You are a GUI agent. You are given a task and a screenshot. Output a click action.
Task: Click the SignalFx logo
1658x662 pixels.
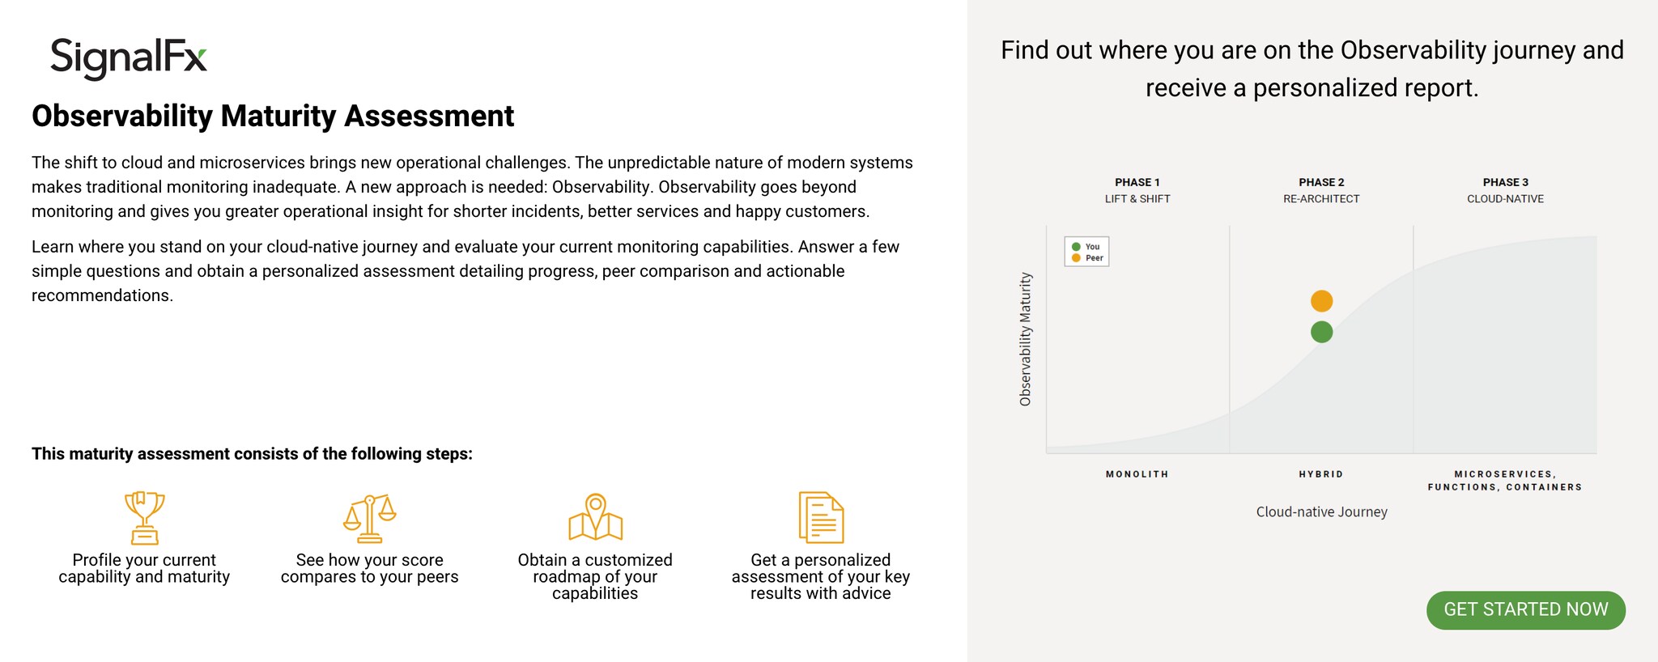[129, 58]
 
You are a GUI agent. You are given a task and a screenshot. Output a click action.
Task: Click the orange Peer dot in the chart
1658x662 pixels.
[1321, 301]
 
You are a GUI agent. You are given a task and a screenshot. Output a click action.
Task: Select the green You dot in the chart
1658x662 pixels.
[1321, 332]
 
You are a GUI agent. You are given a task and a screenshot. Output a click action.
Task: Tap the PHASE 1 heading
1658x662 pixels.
[1137, 182]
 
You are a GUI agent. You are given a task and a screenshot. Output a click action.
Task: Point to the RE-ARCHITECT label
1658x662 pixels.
[1321, 199]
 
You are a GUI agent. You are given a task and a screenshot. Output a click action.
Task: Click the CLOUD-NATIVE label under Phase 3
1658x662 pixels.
[1505, 199]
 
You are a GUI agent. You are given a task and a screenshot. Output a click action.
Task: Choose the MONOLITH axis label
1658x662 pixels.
[1137, 474]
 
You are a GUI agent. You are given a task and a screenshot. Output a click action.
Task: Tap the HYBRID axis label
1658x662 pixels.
[1321, 474]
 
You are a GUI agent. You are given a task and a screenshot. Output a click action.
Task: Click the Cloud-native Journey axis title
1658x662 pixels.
[1321, 511]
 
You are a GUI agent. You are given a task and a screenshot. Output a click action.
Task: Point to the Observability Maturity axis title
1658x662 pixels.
[1026, 339]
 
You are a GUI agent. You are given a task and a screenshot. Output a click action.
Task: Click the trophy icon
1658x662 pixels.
[144, 518]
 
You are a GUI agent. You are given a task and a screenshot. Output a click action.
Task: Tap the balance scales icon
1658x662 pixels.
[369, 518]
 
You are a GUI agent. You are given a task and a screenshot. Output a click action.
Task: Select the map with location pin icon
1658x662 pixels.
[595, 517]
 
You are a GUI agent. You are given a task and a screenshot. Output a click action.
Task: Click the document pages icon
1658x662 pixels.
[821, 517]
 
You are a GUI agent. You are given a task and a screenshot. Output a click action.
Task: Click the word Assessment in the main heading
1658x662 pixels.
[429, 117]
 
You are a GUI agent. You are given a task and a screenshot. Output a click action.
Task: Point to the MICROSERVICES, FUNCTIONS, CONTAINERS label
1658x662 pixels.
[1505, 481]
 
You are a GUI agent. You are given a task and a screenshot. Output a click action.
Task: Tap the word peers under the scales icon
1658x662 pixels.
[439, 578]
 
